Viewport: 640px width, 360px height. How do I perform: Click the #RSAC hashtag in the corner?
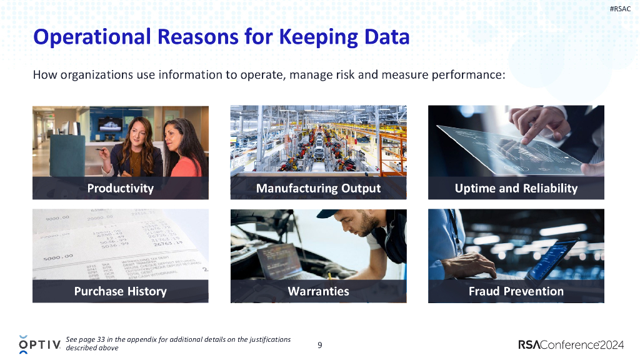click(620, 8)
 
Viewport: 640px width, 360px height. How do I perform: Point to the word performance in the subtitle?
click(468, 75)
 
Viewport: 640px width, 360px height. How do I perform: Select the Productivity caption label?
click(120, 188)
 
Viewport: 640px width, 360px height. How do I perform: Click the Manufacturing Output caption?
click(318, 188)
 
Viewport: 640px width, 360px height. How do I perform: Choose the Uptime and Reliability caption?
click(516, 188)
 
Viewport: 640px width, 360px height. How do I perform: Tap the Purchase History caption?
click(120, 291)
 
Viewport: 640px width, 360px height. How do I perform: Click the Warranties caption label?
click(318, 291)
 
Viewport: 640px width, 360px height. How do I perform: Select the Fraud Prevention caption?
click(516, 291)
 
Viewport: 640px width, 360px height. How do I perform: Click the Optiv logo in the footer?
click(39, 344)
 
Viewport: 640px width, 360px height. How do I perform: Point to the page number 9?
click(320, 344)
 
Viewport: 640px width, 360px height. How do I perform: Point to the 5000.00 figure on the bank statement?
click(58, 256)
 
